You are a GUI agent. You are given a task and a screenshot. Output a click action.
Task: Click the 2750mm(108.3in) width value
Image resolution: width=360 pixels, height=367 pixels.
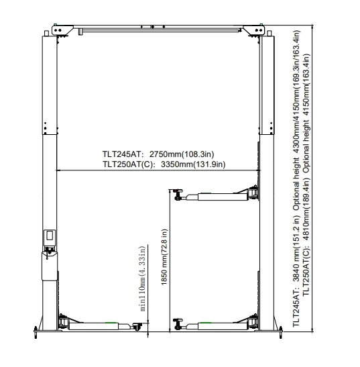[182, 154]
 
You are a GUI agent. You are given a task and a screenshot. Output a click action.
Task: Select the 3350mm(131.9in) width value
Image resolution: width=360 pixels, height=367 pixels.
[193, 164]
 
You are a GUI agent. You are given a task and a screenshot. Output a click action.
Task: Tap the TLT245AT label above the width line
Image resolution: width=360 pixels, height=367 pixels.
[122, 154]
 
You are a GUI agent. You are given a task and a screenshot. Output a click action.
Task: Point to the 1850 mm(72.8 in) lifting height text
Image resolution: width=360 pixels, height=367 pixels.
[164, 257]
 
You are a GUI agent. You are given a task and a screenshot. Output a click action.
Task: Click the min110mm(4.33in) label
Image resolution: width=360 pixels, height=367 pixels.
[142, 278]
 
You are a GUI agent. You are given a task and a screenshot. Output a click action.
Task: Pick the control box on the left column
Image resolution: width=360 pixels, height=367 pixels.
[50, 238]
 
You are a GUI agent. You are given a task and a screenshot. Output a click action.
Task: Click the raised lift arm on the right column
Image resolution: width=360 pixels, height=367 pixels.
[216, 195]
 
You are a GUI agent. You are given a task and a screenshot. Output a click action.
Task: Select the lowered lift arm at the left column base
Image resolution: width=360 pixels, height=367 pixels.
[100, 324]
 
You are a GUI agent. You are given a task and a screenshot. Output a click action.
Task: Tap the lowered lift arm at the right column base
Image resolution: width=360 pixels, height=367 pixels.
[216, 324]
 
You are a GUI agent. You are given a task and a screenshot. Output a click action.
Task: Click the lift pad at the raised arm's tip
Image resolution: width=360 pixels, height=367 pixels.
[178, 195]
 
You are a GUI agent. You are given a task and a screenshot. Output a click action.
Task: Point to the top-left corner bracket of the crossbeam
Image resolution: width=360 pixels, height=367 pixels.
[61, 30]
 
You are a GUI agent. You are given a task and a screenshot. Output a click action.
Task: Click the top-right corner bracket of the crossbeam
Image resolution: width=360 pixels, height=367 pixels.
[255, 30]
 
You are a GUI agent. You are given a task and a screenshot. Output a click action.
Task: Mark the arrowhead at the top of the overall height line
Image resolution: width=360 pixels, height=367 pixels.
[312, 26]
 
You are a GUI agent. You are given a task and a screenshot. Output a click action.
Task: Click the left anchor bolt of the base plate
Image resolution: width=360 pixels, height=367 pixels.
[36, 333]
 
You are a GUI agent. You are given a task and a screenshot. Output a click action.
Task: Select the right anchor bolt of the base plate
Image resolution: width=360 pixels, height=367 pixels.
[281, 333]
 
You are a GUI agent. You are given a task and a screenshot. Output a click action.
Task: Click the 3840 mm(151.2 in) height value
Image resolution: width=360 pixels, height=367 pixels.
[296, 249]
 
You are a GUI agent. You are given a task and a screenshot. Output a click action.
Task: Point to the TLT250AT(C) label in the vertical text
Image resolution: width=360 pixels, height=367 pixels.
[306, 271]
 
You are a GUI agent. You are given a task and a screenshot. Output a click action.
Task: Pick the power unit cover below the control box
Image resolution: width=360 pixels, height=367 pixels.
[50, 266]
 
